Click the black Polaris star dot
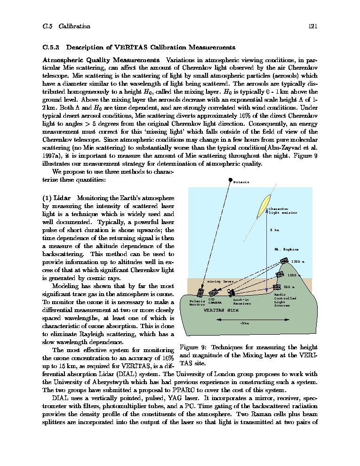230,180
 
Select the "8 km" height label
274,230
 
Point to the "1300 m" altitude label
297,262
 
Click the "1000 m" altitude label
294,275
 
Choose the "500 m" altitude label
289,287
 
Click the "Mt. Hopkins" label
286,249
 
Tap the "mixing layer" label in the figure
220,281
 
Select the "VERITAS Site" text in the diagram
221,310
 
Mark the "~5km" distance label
244,323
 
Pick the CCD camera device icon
214,293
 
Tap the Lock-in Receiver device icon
231,292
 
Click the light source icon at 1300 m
284,261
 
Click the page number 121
313,26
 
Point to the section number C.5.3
51,48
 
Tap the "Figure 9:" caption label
192,348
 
